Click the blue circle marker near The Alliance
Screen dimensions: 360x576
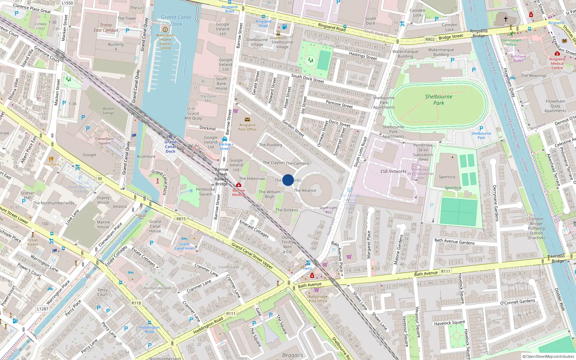(288, 180)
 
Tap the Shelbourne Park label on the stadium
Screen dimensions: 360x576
(438, 100)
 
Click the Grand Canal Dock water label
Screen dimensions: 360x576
(176, 21)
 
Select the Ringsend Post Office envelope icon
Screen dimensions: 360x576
(247, 120)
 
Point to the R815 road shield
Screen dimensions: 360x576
(181, 219)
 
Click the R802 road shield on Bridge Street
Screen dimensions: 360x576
(430, 39)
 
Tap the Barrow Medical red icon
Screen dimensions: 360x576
(238, 185)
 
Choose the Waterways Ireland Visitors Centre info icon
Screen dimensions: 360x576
(165, 30)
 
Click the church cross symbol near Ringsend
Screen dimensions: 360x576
(505, 18)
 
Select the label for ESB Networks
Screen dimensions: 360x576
(393, 171)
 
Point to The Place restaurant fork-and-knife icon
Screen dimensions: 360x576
(51, 159)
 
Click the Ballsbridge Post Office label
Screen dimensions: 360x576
(318, 299)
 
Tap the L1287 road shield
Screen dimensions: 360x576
(42, 309)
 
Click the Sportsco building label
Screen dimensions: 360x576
(447, 177)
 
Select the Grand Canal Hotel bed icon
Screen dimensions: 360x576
(184, 239)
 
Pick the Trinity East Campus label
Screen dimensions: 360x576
(106, 28)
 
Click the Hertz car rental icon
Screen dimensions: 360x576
(308, 263)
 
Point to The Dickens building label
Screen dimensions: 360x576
(287, 210)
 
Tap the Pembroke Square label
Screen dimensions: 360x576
(205, 192)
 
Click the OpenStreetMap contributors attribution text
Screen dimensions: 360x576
(548, 356)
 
